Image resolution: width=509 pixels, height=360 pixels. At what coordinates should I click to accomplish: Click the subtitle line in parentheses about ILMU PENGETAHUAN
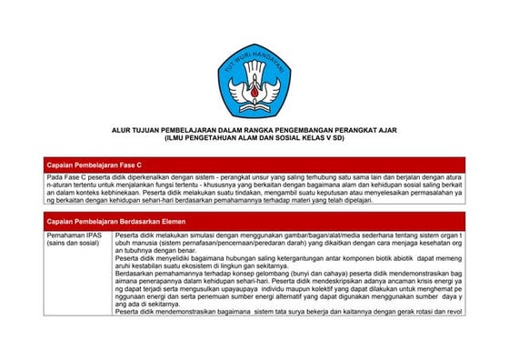click(254, 137)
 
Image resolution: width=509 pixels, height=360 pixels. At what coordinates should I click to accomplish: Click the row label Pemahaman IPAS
click(73, 235)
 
